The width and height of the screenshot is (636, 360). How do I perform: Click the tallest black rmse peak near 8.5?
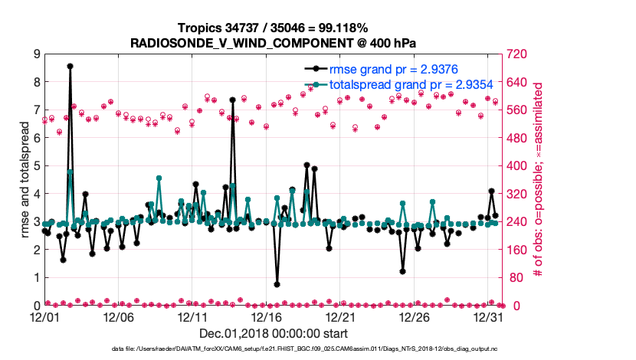point(70,67)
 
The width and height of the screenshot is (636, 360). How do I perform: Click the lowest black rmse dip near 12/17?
point(277,284)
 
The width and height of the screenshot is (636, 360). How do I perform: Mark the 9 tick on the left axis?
point(36,54)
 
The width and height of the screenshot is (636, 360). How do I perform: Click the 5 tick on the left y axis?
point(36,166)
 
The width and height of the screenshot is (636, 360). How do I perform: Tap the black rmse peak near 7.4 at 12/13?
point(232,100)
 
